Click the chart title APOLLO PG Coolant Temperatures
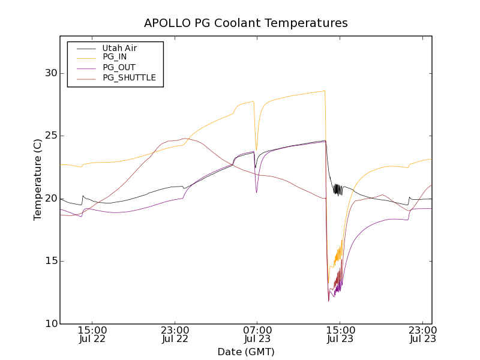246,23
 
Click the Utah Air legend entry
119,48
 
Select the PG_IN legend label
115,57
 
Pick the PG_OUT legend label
119,67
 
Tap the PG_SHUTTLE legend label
129,77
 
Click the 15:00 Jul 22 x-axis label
92,335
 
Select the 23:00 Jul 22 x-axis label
175,335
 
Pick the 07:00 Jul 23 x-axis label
257,335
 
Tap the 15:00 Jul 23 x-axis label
340,335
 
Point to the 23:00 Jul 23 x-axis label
422,335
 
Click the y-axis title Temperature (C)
38,180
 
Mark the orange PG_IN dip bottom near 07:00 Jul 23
256,149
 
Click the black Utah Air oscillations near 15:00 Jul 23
338,190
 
